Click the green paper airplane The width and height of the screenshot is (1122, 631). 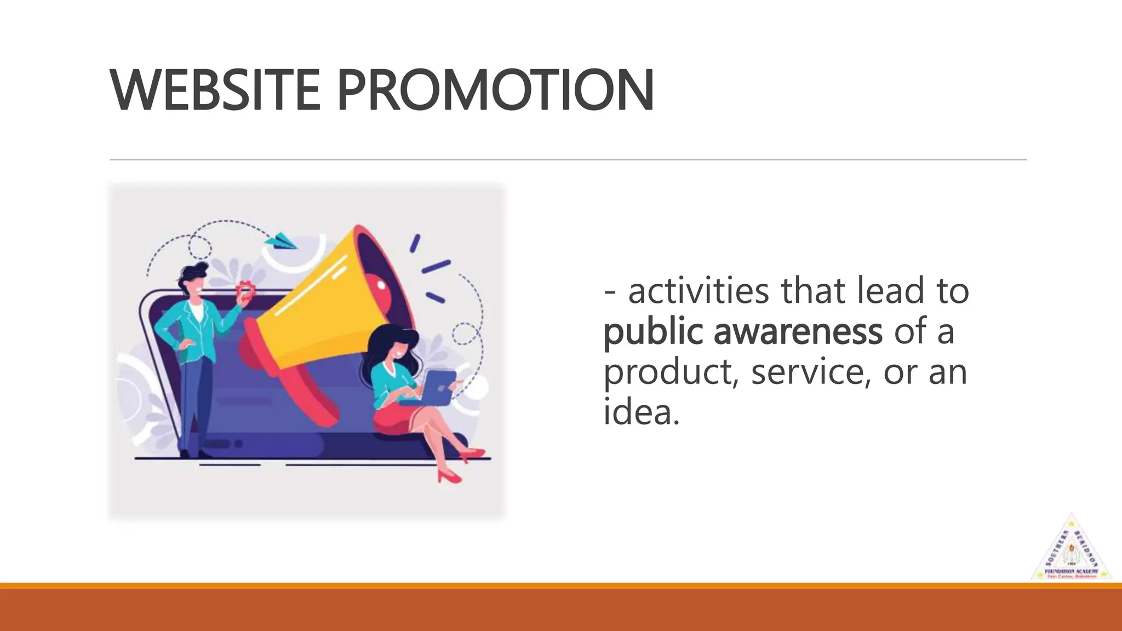point(280,240)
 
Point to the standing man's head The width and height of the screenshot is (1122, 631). point(194,279)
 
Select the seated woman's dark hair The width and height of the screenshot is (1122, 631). point(383,342)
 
